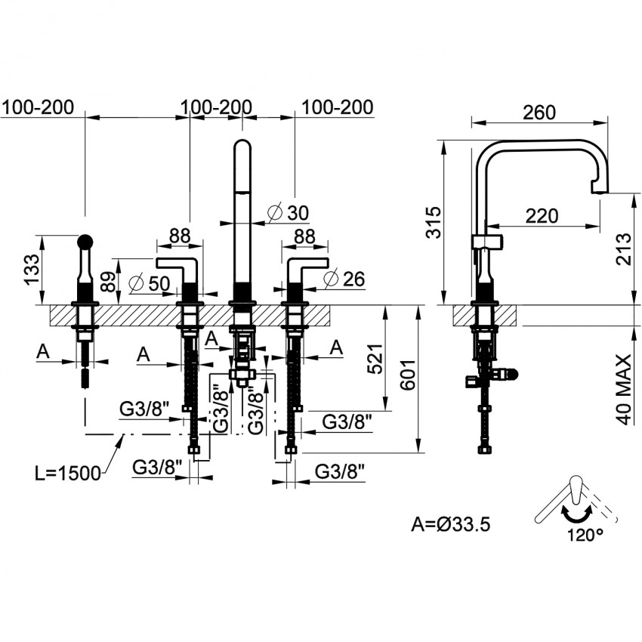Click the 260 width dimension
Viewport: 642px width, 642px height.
[x=539, y=113]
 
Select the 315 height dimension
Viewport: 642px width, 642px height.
[x=434, y=222]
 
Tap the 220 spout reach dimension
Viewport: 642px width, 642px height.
[x=542, y=216]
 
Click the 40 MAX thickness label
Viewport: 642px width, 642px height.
[x=623, y=390]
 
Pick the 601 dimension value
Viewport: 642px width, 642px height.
[x=407, y=375]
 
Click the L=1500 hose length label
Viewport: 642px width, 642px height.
[x=67, y=474]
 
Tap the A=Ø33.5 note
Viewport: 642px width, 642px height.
[x=450, y=524]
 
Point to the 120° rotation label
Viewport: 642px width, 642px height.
[x=585, y=534]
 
